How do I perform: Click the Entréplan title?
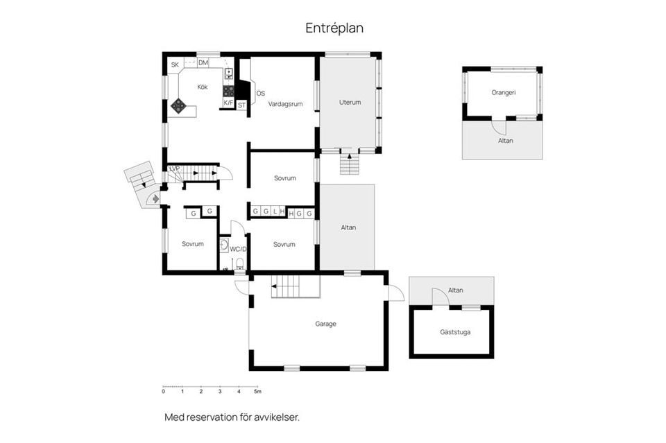point(334,28)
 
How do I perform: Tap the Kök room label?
point(203,87)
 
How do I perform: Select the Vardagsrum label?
point(285,104)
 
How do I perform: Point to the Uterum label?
point(350,103)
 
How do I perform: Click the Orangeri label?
point(504,92)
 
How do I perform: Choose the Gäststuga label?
point(455,332)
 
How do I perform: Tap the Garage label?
point(326,324)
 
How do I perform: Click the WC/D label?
point(238,249)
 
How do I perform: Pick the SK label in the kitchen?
point(175,65)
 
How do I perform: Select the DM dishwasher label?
point(203,63)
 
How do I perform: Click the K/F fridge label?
point(228,103)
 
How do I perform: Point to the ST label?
point(241,105)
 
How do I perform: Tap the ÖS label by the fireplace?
point(260,94)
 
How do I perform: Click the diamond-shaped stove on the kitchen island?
point(178,105)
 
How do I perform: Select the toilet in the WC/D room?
point(239,263)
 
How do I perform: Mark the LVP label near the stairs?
point(174,169)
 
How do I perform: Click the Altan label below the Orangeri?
point(506,141)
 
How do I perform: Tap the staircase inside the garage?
point(296,286)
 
